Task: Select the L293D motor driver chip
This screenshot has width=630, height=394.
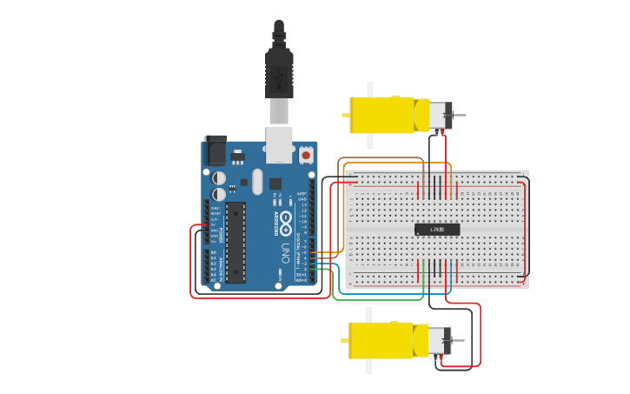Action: (437, 230)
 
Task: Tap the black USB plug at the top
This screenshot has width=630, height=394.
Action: (279, 73)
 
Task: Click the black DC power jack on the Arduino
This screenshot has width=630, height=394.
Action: (215, 150)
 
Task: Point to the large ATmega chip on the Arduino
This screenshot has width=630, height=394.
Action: (235, 243)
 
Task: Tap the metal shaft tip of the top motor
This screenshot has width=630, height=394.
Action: (463, 116)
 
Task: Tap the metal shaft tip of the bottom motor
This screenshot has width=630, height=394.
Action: (461, 341)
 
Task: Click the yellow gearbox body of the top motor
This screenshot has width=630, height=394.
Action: (382, 115)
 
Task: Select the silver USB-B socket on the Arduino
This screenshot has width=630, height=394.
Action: (279, 144)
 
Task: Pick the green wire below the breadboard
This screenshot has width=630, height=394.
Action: (382, 300)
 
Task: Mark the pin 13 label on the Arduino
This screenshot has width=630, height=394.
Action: (303, 204)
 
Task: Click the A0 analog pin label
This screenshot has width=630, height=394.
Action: (214, 253)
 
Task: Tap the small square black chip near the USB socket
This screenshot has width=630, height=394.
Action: (275, 184)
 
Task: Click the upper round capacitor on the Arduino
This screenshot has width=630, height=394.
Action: (219, 177)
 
